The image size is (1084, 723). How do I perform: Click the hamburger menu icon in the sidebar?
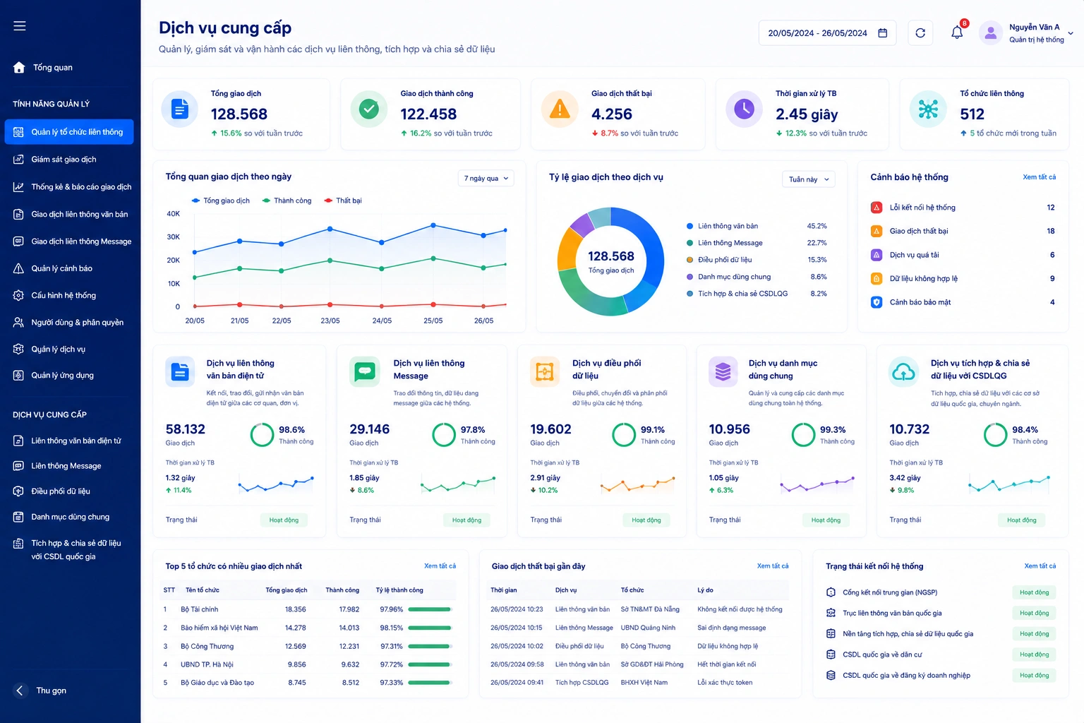pos(19,25)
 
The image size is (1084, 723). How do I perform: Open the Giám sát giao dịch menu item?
pos(64,160)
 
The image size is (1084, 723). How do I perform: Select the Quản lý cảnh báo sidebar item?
pos(61,268)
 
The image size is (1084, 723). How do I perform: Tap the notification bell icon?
pos(957,32)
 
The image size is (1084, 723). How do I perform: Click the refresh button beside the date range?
pos(920,33)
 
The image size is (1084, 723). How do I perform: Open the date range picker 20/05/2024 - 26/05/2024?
pos(827,33)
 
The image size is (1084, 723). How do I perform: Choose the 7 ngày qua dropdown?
pos(486,178)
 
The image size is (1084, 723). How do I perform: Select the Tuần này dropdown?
pos(808,179)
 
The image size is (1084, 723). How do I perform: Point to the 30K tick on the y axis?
pos(173,237)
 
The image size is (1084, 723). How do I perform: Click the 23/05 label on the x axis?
pos(330,321)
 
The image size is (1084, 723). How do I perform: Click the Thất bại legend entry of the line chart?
pos(343,201)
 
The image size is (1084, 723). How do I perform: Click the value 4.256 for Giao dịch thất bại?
pos(612,114)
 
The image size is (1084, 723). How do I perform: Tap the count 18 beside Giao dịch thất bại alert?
pos(1051,231)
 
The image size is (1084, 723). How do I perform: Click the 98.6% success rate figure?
pos(291,429)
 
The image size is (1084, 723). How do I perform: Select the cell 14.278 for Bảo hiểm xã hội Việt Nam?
pos(295,628)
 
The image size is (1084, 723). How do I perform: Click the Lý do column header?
pos(705,590)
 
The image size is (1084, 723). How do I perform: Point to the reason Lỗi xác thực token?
pos(725,682)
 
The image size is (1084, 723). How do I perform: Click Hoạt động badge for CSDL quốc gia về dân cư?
pos(1034,655)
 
